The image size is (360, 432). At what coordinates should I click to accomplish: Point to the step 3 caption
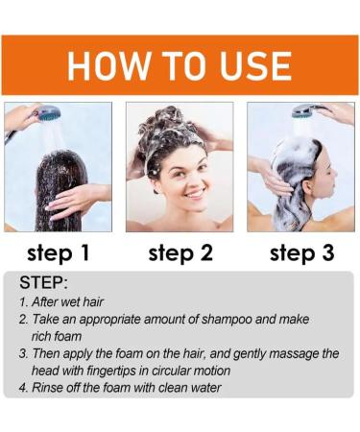(x=300, y=253)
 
